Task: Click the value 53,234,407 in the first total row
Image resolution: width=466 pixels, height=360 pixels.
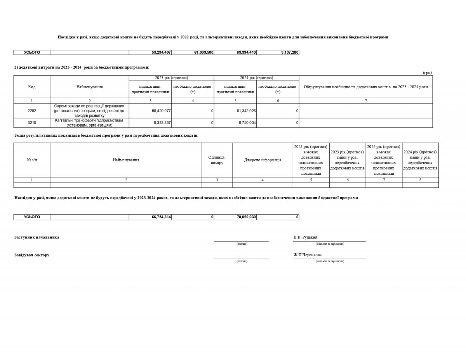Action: coord(161,52)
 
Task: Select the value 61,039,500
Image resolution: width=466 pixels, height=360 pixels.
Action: coord(204,52)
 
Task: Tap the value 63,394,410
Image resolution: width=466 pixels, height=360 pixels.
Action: coord(246,52)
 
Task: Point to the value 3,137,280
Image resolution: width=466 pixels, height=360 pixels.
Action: coord(290,52)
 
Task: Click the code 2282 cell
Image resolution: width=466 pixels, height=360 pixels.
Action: coord(32,111)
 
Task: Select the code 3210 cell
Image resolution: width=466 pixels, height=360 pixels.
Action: coord(32,123)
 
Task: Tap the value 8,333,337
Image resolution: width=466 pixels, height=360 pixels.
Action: coord(162,123)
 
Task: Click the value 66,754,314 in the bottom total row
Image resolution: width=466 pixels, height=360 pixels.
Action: coord(161,217)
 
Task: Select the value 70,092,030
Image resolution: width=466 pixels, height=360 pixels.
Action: coord(246,217)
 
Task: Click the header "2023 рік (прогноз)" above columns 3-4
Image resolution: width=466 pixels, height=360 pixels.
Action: coord(171,78)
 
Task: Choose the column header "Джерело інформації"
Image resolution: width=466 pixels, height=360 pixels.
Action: coord(263,160)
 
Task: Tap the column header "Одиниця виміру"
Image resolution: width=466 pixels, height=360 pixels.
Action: coord(217,160)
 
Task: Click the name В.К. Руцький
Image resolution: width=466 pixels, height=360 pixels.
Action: coord(306,237)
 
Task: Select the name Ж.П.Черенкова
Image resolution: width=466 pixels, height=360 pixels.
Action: coord(308,255)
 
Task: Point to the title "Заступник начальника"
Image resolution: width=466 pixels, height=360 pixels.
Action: coord(37,237)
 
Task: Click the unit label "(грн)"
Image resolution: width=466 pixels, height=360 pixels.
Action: coord(427,73)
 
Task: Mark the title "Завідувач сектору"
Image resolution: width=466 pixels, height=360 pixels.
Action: coord(32,255)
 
